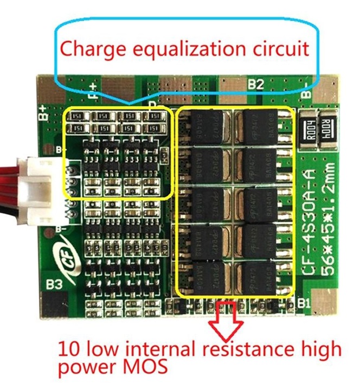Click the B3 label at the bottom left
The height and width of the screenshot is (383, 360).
(54, 283)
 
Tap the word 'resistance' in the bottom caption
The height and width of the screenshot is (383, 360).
(247, 347)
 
